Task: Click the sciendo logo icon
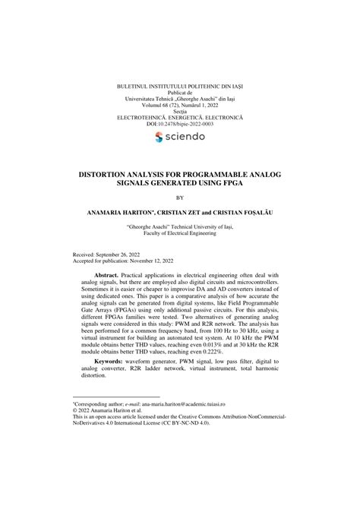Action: pyautogui.click(x=159, y=137)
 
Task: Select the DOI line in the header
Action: pyautogui.click(x=179, y=124)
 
